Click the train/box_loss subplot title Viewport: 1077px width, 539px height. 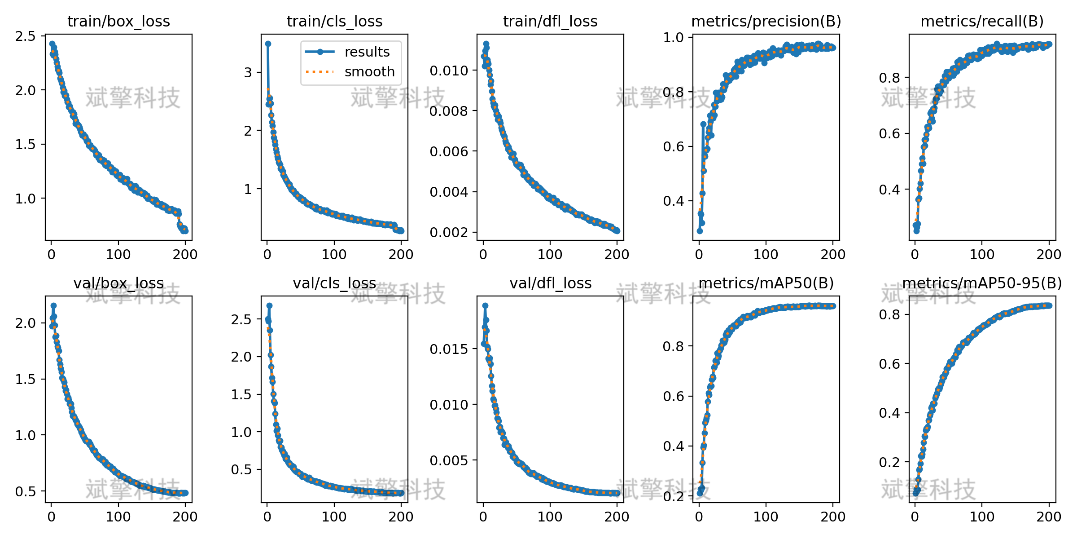(x=118, y=22)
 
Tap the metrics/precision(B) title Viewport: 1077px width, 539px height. (x=766, y=22)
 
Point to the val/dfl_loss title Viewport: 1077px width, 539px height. (x=550, y=283)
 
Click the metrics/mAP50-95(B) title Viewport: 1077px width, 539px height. (x=982, y=283)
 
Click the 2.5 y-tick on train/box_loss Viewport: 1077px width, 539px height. (x=25, y=36)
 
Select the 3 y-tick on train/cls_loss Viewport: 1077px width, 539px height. (x=248, y=72)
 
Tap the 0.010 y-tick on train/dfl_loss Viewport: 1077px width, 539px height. (x=449, y=71)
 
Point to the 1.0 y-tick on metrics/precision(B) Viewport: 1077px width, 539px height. (x=673, y=38)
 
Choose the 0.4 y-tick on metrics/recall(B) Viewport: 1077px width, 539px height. (x=889, y=190)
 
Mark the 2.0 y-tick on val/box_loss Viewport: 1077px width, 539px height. (x=25, y=323)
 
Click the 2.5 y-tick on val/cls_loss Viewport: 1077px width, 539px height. (x=241, y=320)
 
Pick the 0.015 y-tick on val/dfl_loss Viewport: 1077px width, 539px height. (x=449, y=349)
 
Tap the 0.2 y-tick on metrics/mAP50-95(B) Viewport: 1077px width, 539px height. (x=889, y=462)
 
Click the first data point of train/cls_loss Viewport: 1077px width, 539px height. (x=268, y=44)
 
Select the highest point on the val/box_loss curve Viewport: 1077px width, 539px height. (x=53, y=305)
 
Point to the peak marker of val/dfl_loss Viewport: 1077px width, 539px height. (x=485, y=305)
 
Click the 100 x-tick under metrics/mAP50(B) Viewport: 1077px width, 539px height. (x=766, y=517)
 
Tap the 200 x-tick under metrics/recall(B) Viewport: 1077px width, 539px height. (x=1049, y=255)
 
